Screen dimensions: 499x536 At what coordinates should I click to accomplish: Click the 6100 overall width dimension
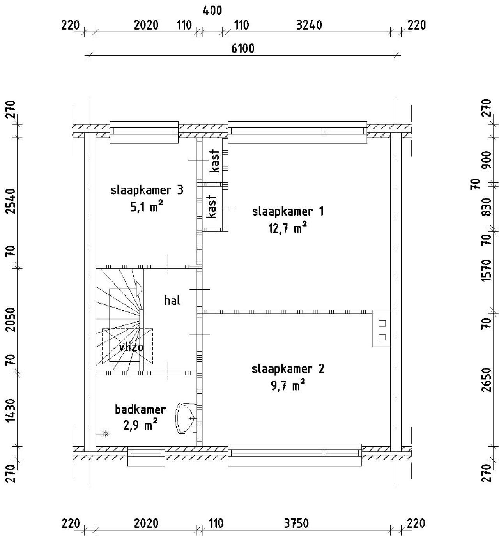tap(243, 49)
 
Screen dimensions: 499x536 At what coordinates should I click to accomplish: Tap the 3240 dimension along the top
tap(309, 25)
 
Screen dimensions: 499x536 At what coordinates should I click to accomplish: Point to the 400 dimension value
tap(212, 11)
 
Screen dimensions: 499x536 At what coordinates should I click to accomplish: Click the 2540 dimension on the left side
tap(10, 201)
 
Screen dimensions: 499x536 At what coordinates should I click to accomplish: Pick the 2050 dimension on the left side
tap(10, 320)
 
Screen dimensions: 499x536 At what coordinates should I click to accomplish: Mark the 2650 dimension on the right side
tap(487, 379)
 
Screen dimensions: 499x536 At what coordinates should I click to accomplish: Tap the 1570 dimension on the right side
tap(487, 271)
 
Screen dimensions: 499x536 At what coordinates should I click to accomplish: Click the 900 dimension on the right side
tap(487, 160)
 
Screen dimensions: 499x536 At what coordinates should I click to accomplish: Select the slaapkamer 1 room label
tap(288, 211)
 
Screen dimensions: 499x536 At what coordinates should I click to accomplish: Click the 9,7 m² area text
tap(288, 385)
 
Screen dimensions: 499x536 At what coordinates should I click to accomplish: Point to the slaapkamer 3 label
tap(147, 190)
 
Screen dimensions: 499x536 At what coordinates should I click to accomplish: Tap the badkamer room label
tap(140, 409)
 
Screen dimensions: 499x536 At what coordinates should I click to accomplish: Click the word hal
tap(172, 301)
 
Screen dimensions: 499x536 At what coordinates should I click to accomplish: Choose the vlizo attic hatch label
tap(131, 347)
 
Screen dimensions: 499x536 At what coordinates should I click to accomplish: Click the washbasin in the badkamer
tap(186, 419)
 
